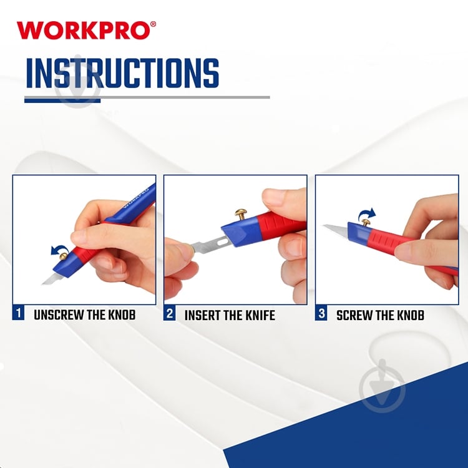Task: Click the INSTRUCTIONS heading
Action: click(x=122, y=74)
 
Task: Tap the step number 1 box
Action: click(x=19, y=314)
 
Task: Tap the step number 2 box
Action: click(x=169, y=314)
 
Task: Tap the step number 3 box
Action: click(x=321, y=314)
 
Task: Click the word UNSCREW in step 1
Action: click(x=58, y=315)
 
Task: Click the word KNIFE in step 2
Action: click(x=259, y=315)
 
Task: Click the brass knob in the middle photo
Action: click(x=241, y=215)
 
